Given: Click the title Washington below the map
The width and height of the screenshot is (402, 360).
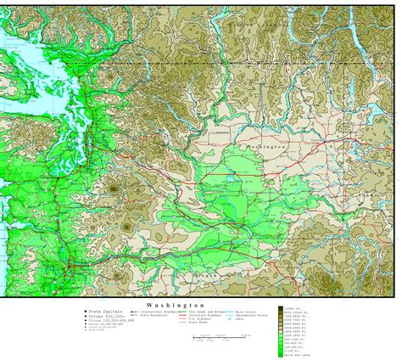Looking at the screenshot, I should coord(174,303).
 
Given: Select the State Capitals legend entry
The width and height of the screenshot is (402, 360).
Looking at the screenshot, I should coord(103,312).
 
